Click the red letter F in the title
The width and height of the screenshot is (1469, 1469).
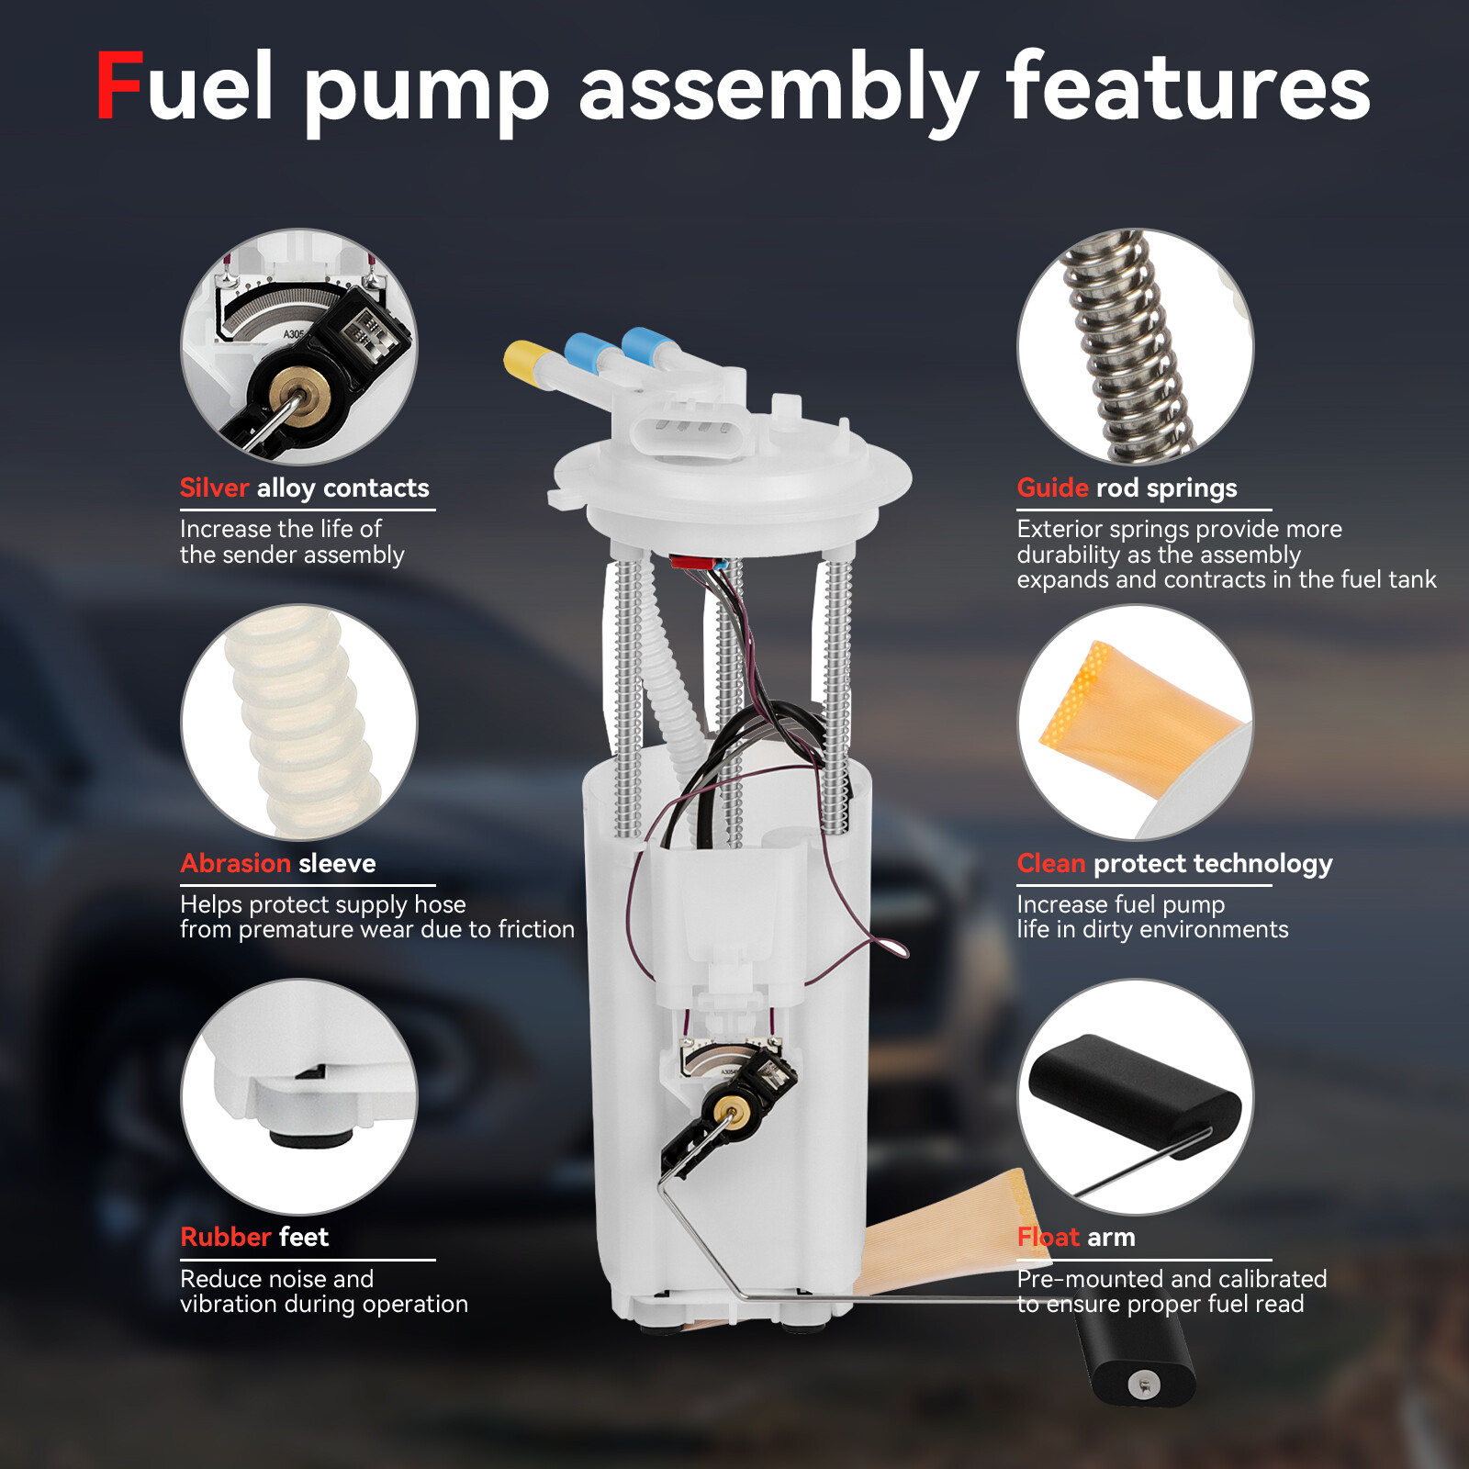(x=119, y=86)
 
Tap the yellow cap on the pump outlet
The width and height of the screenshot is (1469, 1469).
(x=524, y=358)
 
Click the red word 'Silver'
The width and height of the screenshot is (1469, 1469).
(x=214, y=488)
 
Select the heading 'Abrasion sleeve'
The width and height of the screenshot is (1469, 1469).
(x=278, y=863)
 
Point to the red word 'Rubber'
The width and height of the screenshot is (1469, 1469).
(x=226, y=1237)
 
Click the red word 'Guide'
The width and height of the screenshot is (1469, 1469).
(x=1052, y=488)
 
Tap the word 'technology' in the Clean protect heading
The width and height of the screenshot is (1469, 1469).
(x=1262, y=863)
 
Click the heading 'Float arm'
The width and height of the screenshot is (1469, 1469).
(x=1075, y=1237)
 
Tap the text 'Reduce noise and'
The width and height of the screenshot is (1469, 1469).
(x=276, y=1279)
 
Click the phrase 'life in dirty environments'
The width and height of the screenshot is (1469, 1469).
(x=1152, y=929)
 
